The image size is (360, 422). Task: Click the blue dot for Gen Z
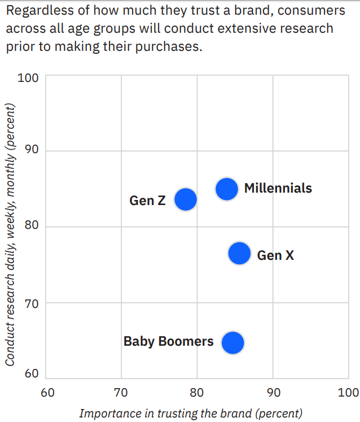(186, 199)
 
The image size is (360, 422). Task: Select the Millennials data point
(227, 189)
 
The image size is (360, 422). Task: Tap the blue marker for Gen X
(239, 253)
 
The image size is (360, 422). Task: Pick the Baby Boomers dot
(233, 342)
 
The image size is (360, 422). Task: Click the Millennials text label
(278, 188)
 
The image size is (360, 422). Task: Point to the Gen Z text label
(147, 201)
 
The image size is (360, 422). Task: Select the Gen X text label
(275, 255)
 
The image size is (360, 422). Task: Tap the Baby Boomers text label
(168, 341)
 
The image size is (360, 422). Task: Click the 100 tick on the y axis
(28, 78)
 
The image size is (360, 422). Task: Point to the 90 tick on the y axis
(32, 149)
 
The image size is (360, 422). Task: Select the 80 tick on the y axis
(32, 225)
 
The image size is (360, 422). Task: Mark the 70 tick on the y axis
(32, 304)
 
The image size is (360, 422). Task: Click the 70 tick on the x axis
(121, 393)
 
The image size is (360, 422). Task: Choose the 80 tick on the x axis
(196, 393)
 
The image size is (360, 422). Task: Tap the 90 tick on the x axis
(274, 393)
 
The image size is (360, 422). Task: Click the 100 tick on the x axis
(349, 393)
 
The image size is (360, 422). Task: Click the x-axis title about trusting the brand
(191, 414)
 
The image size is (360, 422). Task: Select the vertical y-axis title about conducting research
(10, 234)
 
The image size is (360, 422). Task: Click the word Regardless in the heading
(40, 11)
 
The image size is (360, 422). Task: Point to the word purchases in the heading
(168, 47)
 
